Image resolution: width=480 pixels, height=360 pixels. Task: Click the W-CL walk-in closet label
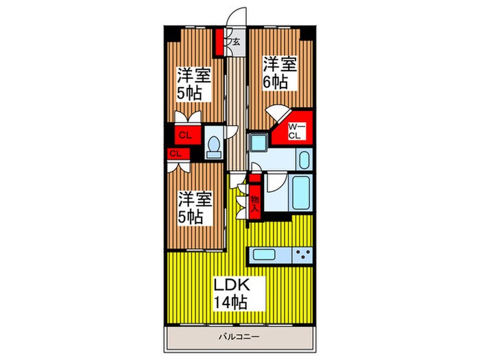[294, 131]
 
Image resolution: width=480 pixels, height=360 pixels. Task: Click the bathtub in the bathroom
[300, 193]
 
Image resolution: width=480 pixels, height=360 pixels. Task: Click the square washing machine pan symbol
[259, 143]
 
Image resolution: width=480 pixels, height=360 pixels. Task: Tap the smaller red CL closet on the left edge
[174, 153]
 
